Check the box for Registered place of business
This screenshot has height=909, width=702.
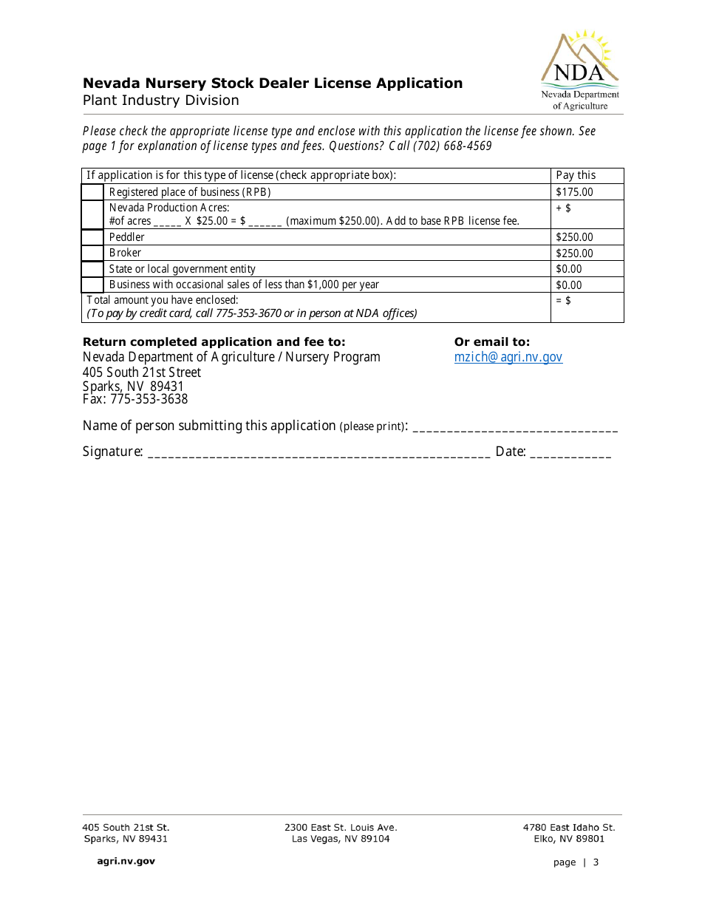pyautogui.click(x=92, y=192)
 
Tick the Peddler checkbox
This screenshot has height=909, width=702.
pyautogui.click(x=92, y=237)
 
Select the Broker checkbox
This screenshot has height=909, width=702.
pyautogui.click(x=92, y=253)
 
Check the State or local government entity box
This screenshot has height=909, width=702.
pyautogui.click(x=92, y=269)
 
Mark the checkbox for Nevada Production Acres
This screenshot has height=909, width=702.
pyautogui.click(x=92, y=214)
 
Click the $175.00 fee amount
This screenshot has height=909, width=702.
pyautogui.click(x=574, y=192)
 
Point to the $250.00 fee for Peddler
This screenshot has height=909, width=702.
pyautogui.click(x=574, y=237)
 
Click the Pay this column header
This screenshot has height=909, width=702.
pyautogui.click(x=575, y=175)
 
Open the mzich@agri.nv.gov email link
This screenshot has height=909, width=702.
pyautogui.click(x=508, y=357)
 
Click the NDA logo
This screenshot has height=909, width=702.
pyautogui.click(x=580, y=71)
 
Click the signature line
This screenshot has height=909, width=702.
pyautogui.click(x=318, y=452)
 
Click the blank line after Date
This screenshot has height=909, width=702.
pyautogui.click(x=570, y=452)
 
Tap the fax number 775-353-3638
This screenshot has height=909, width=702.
pyautogui.click(x=149, y=399)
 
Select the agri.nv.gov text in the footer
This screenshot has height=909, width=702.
pyautogui.click(x=126, y=861)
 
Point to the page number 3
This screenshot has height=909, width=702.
pyautogui.click(x=596, y=862)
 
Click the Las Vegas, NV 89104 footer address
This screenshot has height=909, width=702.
pyautogui.click(x=341, y=839)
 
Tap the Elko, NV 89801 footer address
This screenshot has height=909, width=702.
pyautogui.click(x=569, y=839)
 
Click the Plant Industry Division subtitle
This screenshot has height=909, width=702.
pyautogui.click(x=160, y=101)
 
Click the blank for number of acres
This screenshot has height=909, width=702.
pyautogui.click(x=167, y=221)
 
